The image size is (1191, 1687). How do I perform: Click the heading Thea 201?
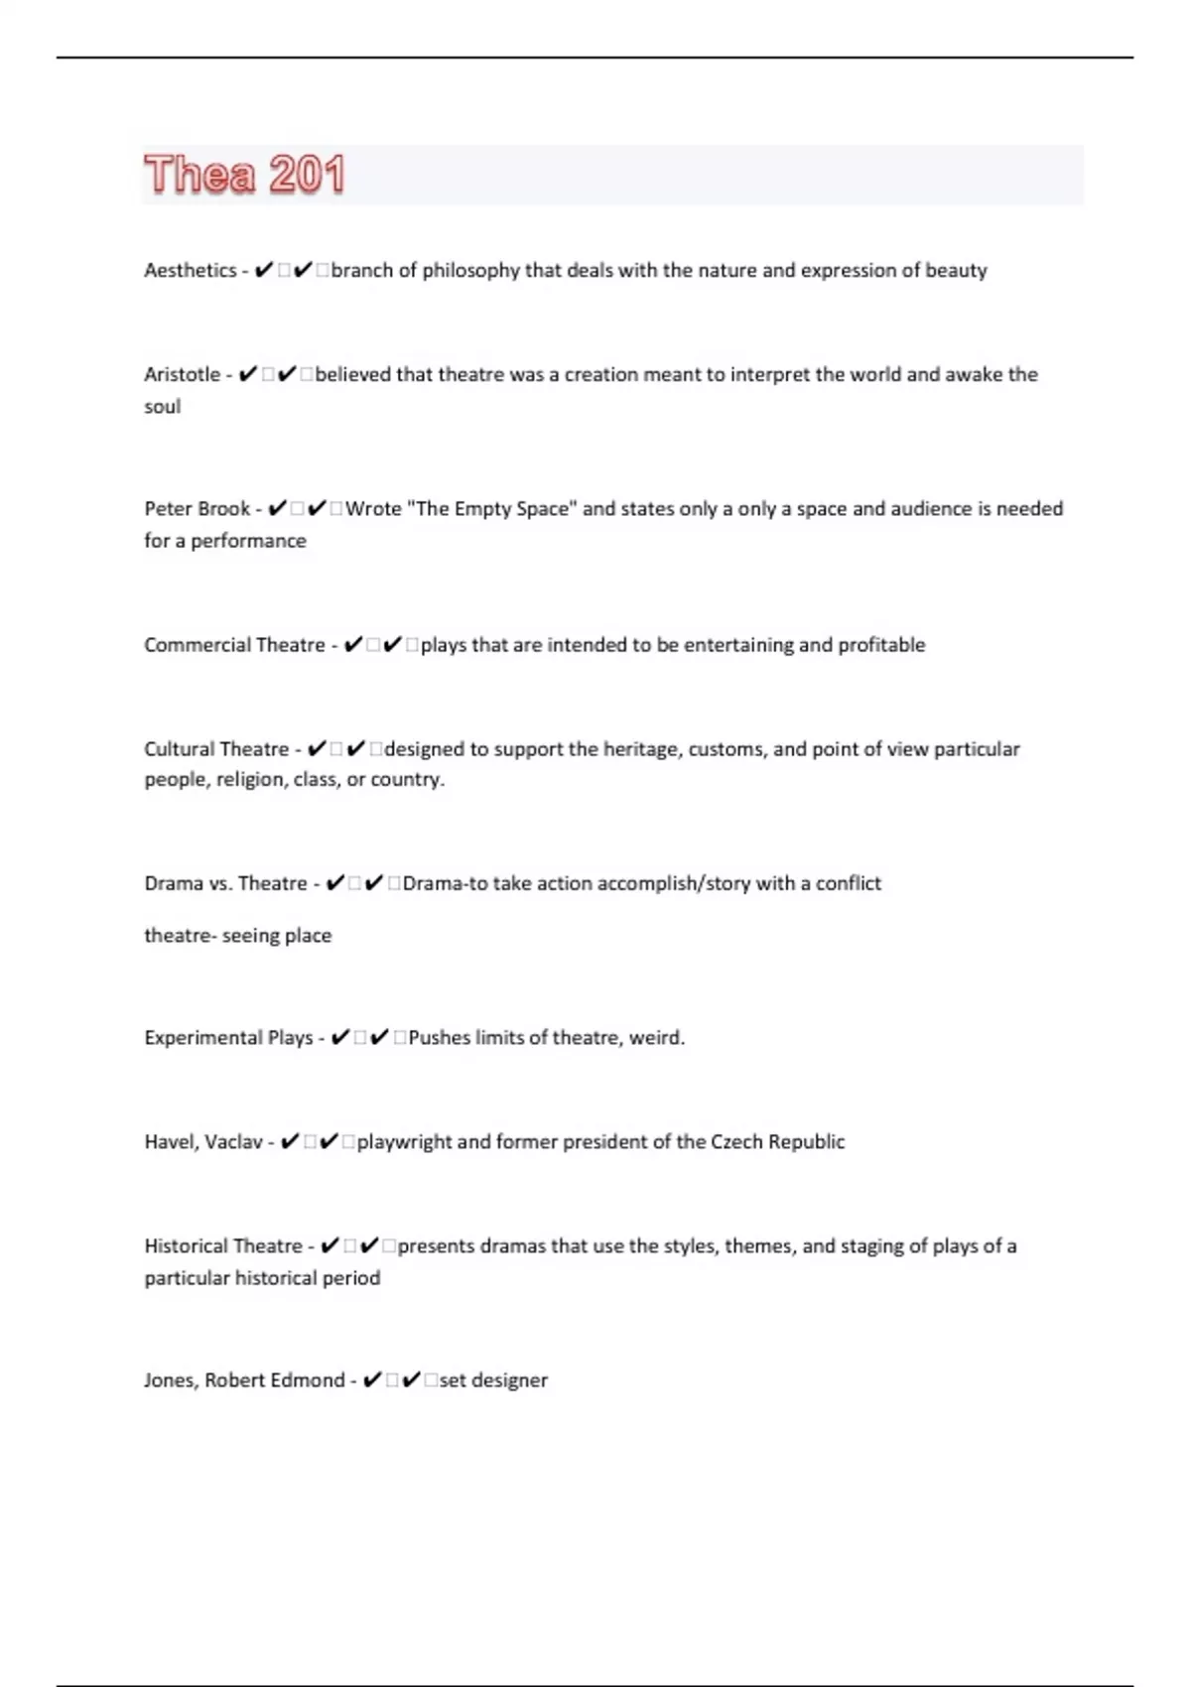click(x=244, y=175)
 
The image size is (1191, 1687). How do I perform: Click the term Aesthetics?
click(x=190, y=270)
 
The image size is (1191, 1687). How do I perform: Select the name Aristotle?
click(x=183, y=374)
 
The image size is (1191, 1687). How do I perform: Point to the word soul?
click(x=163, y=407)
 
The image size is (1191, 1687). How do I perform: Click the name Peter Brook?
click(x=197, y=509)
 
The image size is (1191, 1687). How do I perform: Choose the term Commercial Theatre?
click(x=234, y=645)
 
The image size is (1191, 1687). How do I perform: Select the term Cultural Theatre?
click(x=216, y=749)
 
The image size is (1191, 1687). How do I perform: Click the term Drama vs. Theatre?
click(x=225, y=883)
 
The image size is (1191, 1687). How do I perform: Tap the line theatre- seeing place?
click(x=237, y=936)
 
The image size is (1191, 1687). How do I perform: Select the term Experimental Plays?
click(x=228, y=1038)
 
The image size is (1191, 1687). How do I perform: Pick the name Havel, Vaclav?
click(x=203, y=1142)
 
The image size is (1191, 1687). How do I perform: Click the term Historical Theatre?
click(x=223, y=1246)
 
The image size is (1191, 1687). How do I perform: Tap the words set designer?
click(x=493, y=1380)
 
